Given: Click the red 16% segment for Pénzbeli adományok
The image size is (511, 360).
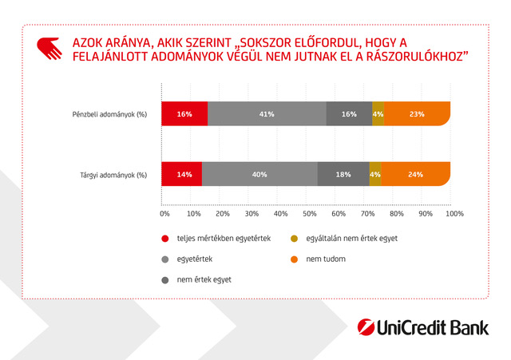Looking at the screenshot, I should pos(184,114).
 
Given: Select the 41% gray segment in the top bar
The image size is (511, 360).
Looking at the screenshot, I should pos(267,114).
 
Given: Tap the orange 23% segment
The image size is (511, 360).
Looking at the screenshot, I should pos(417,114).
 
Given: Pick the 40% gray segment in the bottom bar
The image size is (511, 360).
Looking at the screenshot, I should pos(259,174).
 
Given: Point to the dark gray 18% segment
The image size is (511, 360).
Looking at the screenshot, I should pos(343,174).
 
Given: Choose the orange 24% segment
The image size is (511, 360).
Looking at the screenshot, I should pos(415,174).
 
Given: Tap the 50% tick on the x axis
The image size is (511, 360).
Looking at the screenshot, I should pos(310,214).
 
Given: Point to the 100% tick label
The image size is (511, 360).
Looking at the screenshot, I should pos(454,214).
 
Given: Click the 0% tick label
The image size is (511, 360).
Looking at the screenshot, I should pos(164,214).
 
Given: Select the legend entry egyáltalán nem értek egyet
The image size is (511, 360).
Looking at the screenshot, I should pos(351,238).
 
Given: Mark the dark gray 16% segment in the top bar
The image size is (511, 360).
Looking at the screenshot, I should pos(349,114).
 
